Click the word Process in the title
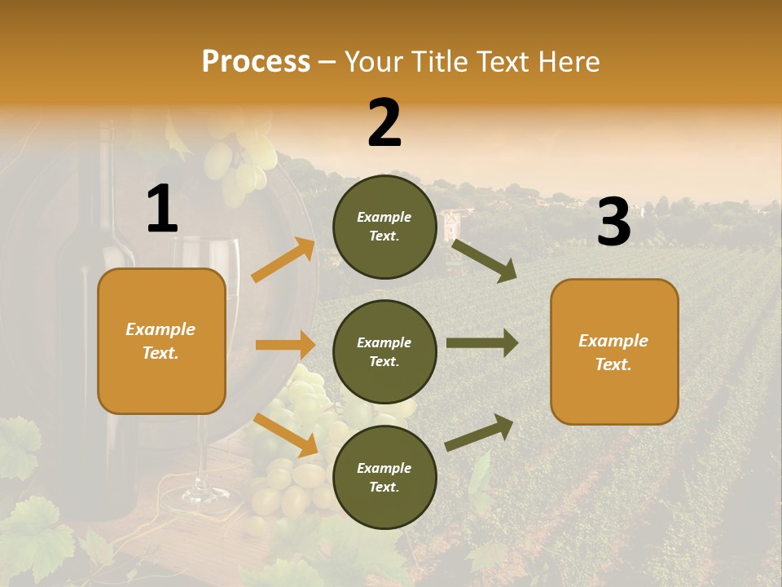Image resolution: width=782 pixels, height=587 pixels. (256, 62)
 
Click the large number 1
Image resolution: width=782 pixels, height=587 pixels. (162, 210)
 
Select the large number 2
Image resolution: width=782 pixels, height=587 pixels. (384, 123)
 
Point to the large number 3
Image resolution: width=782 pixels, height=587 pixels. (613, 222)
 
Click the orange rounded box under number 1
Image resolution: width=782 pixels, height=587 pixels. (161, 341)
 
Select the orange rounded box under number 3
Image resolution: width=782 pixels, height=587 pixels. (614, 351)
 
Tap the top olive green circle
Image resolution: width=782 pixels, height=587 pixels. (384, 227)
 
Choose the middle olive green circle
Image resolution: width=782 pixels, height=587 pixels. (384, 351)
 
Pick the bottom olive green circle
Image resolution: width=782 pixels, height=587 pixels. (384, 477)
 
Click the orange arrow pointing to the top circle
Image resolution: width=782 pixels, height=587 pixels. (283, 260)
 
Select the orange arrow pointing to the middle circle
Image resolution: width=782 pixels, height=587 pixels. (285, 345)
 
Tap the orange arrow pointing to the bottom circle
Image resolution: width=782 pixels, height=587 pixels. (286, 435)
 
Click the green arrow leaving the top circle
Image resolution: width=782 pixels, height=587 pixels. (484, 260)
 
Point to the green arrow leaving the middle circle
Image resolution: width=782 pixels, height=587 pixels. (481, 343)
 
